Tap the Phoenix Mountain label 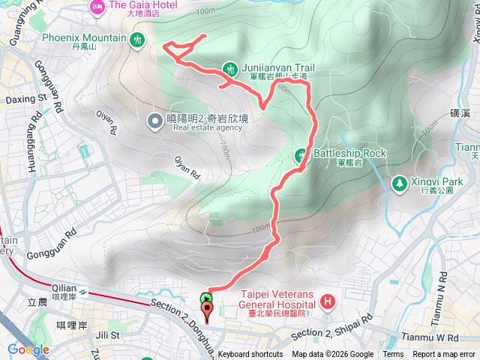click(x=84, y=37)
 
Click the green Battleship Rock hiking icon click(x=301, y=156)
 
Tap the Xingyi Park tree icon click(x=399, y=182)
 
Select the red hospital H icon click(x=327, y=302)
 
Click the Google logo click(x=28, y=349)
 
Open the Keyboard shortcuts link click(x=250, y=355)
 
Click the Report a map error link click(x=444, y=355)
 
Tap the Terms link click(x=393, y=355)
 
